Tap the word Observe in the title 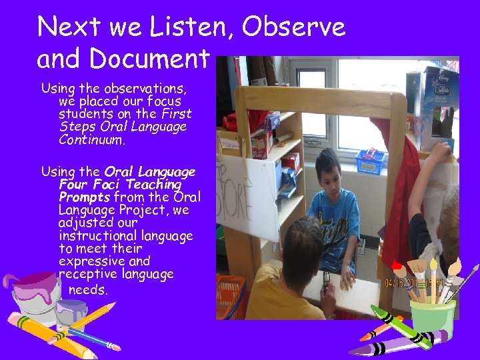tap(294, 27)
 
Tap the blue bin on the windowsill tap(371, 161)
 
